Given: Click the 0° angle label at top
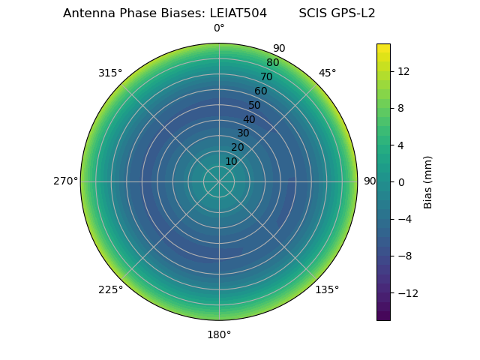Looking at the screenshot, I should [219, 28].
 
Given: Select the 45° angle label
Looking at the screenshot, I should [327, 73].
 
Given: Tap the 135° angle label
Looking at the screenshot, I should [327, 289].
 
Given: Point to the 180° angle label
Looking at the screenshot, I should [219, 334].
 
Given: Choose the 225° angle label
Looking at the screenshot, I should [110, 289].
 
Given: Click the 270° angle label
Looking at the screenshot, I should [65, 181].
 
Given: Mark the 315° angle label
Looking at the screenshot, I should [110, 73].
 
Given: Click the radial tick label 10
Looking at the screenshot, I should [231, 161].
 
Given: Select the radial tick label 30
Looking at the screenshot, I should [243, 133].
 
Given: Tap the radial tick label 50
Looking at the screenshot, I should [255, 105].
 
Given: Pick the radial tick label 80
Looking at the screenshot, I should [272, 62].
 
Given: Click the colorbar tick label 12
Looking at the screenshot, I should [403, 71].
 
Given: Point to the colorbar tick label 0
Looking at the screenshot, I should [400, 181].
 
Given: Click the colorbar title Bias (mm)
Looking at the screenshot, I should [428, 181].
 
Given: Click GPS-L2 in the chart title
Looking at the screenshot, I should [354, 13].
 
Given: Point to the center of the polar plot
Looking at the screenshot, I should [219, 181].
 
